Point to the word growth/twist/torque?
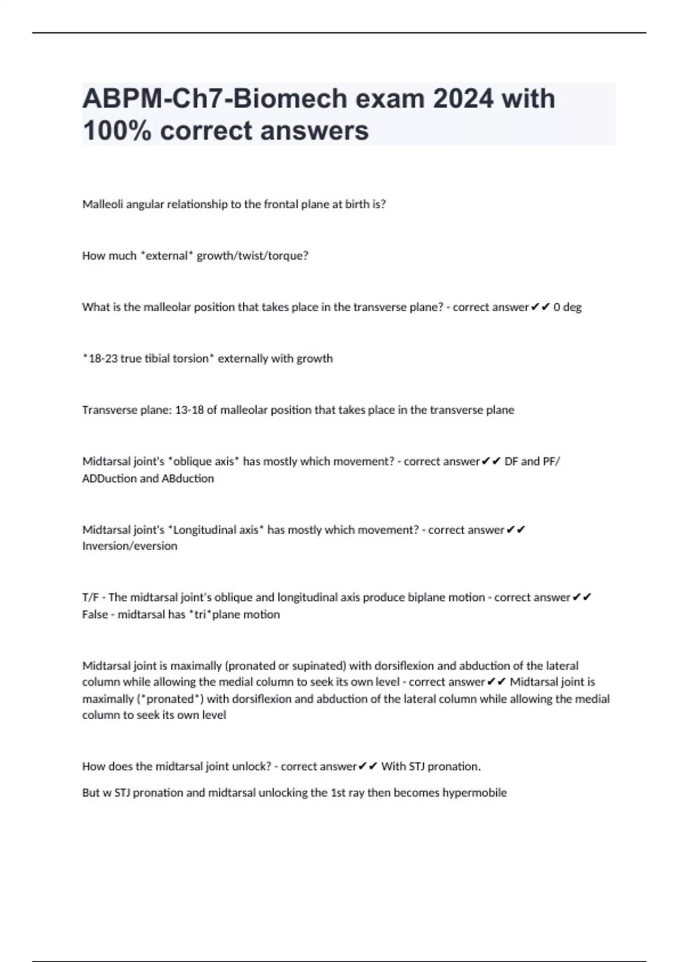pos(252,256)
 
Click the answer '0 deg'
pos(568,307)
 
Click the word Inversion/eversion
pos(130,546)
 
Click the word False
pos(94,615)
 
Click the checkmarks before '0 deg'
pos(540,307)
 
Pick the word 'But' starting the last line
pos(91,793)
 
